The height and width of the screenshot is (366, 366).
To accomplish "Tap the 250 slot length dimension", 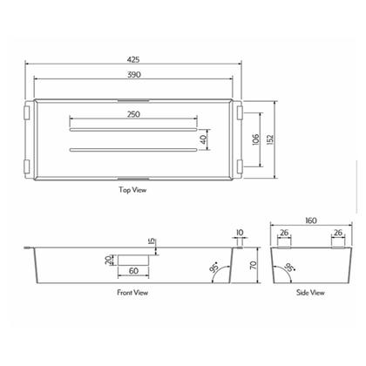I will [133, 115].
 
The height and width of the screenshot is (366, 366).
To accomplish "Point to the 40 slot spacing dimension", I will [204, 139].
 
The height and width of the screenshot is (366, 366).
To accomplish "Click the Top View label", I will [132, 189].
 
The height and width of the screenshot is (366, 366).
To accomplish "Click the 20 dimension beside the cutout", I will [110, 261].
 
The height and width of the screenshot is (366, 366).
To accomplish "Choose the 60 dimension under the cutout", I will [133, 271].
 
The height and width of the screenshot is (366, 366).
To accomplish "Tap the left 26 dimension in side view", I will [283, 233].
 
